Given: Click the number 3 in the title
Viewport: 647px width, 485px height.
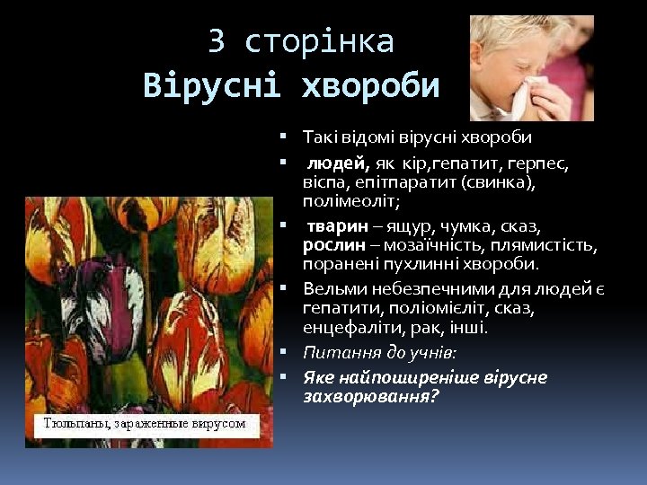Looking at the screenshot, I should pyautogui.click(x=217, y=41).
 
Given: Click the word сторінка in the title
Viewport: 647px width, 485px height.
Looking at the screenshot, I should pyautogui.click(x=319, y=41).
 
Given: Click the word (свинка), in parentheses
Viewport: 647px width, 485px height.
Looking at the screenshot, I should pyautogui.click(x=498, y=183).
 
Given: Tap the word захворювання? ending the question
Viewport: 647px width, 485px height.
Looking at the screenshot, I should pyautogui.click(x=370, y=395).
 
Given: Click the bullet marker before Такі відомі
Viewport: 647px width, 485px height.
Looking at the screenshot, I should pyautogui.click(x=282, y=137).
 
